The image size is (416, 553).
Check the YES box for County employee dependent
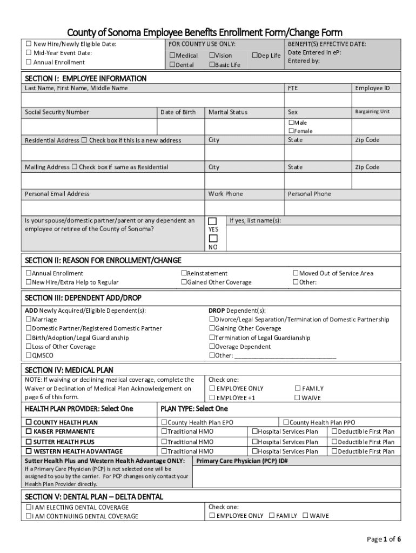pos(213,221)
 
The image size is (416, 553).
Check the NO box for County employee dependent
pos(213,239)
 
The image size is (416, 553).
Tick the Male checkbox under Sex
pos(291,123)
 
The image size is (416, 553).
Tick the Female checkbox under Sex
pos(291,131)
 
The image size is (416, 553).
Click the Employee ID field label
pos(372,88)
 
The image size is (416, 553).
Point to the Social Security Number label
pos(57,112)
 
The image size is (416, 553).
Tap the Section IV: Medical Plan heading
pos(69,370)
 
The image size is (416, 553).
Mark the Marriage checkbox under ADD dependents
pos(29,320)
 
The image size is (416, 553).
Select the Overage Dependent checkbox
pos(212,347)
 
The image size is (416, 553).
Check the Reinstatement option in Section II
pos(184,274)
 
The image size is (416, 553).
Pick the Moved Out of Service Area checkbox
pos(296,274)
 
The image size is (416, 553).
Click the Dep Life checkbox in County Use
pos(255,56)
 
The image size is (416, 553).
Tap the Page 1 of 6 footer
pos(384,539)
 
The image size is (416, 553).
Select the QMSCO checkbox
pos(29,356)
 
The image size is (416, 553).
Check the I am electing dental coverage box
pos(29,508)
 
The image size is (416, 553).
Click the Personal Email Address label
pos(57,194)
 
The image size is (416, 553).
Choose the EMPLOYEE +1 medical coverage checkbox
pos(212,398)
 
